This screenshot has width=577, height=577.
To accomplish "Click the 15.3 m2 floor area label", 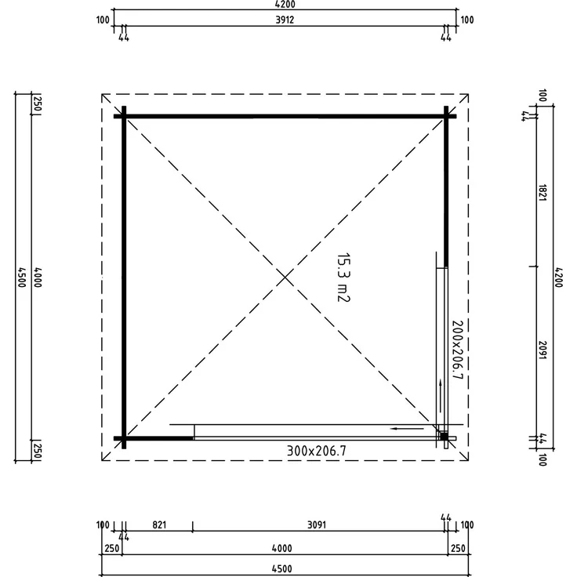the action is [x=343, y=278].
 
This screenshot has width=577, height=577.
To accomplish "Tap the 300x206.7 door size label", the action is [x=317, y=451].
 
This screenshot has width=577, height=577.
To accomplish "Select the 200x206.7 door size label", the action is [x=457, y=350].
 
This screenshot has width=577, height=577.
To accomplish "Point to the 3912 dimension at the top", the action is [x=285, y=20].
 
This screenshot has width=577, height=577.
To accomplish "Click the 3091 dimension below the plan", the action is [x=317, y=524].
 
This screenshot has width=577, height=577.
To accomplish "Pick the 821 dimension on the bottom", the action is [x=159, y=524].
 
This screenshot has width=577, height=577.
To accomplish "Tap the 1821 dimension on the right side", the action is [x=542, y=193].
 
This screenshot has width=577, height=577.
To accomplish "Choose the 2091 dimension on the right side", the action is [x=542, y=350].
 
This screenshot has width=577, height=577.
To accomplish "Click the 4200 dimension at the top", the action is [x=285, y=5].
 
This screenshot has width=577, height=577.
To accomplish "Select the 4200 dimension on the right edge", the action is [x=558, y=278].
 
